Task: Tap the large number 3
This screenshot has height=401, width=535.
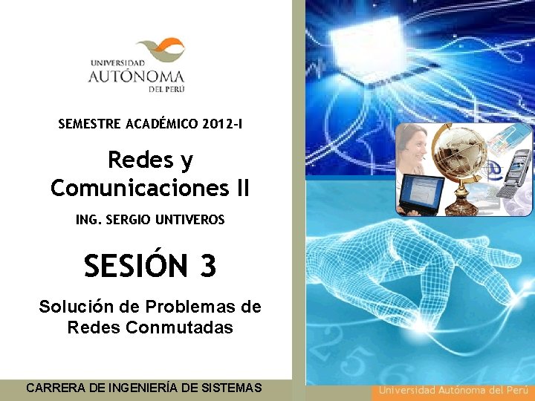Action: [x=207, y=265]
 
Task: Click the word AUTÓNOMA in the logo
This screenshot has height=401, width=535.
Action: [x=136, y=76]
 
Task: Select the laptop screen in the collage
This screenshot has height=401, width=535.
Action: [x=424, y=195]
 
